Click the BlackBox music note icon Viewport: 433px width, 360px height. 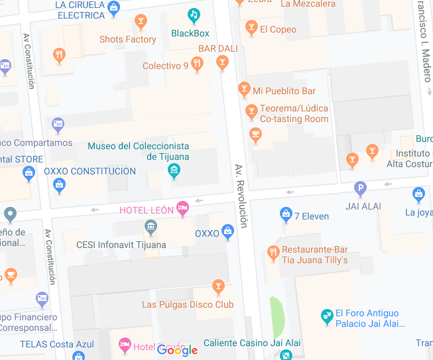(194, 15)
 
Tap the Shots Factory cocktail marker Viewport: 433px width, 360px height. (140, 23)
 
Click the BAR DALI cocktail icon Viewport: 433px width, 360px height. (222, 62)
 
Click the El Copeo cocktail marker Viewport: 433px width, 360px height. (251, 27)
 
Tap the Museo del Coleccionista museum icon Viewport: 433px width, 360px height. (174, 172)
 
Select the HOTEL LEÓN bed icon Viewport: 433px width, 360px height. (183, 209)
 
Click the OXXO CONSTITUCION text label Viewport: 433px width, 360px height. (90, 171)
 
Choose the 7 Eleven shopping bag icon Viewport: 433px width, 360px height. (286, 213)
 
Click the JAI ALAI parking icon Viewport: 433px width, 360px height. (360, 189)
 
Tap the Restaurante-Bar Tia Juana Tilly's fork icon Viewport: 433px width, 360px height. (273, 253)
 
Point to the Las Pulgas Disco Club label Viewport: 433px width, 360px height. (188, 304)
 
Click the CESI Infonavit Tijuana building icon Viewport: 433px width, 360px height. (151, 228)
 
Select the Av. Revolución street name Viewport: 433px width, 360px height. (241, 196)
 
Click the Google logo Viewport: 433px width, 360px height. (178, 350)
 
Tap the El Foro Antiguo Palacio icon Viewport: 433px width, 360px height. (326, 317)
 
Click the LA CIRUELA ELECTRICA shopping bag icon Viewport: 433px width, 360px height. (113, 8)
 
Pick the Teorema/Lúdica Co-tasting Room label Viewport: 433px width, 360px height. (294, 113)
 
